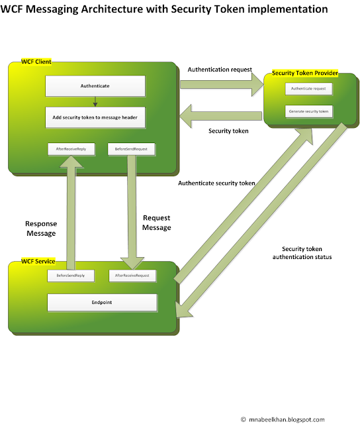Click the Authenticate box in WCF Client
coord(95,85)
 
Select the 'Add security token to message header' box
coord(95,117)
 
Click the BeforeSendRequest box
coord(131,150)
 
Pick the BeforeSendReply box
coord(69,275)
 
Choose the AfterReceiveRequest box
coord(131,275)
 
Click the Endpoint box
coord(102,302)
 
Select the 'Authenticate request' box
coord(309,89)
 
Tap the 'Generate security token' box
coord(309,111)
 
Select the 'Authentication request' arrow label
coord(220,69)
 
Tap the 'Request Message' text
coord(156,222)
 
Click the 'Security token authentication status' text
coord(301,252)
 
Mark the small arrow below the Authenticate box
coord(95,101)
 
